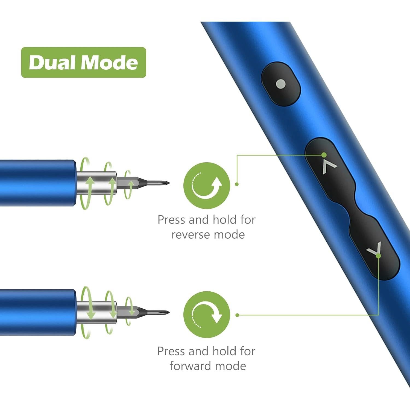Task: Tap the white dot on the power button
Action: (281, 84)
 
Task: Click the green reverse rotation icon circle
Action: (207, 185)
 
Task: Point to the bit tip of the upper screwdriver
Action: (167, 183)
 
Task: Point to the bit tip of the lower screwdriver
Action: (167, 312)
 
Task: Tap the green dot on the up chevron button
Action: (324, 155)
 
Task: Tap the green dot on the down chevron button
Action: (378, 256)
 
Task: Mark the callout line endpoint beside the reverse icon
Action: (237, 184)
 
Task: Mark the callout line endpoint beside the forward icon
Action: (237, 315)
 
